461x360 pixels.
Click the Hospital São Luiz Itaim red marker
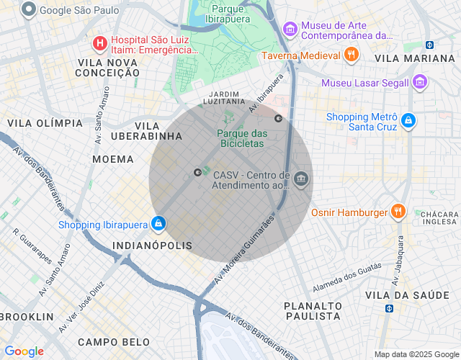[x=99, y=44]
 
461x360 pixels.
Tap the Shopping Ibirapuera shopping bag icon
[x=158, y=225]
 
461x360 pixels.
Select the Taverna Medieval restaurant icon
[x=351, y=55]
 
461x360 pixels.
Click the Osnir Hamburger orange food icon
[x=398, y=212]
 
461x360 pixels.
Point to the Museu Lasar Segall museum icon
[x=420, y=83]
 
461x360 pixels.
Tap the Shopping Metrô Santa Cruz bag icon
[x=408, y=121]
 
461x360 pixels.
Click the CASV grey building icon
[x=301, y=179]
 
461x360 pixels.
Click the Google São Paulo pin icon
[x=29, y=10]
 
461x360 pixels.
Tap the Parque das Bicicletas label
[x=241, y=138]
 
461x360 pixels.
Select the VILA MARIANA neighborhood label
[x=415, y=58]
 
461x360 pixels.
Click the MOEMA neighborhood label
[x=113, y=159]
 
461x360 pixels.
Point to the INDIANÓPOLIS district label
[x=153, y=246]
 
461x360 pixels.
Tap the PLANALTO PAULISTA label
[x=312, y=310]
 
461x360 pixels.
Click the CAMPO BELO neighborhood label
[x=114, y=342]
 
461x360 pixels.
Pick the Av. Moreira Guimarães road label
[x=245, y=248]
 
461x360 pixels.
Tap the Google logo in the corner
[x=24, y=351]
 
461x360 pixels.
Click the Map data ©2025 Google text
[x=416, y=354]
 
